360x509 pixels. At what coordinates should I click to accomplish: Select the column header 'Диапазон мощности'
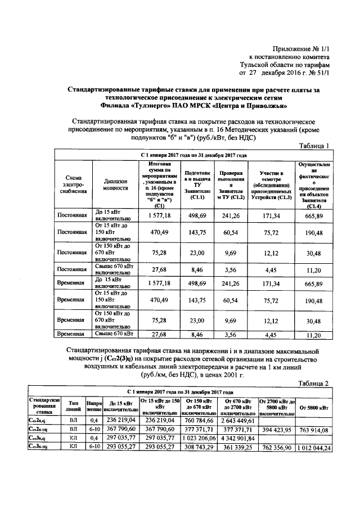[116, 186]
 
